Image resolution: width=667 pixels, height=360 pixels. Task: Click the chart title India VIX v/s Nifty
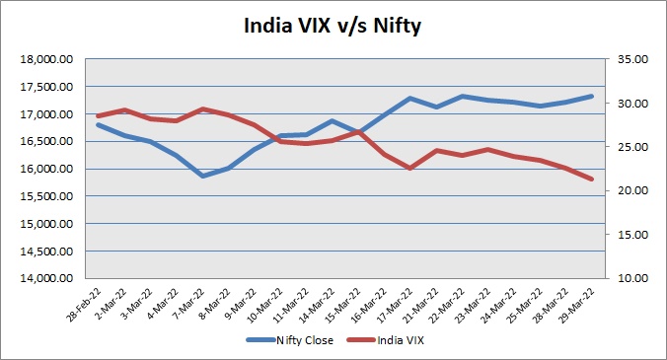[x=333, y=26]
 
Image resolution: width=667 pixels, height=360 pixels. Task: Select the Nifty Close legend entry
[x=290, y=340]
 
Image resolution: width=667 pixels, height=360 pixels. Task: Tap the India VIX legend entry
[x=386, y=340]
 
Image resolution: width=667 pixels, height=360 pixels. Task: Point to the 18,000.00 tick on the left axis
[x=46, y=59]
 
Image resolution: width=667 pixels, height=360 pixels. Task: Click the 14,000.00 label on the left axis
[x=46, y=278]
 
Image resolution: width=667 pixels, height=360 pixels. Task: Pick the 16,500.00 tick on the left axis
[x=46, y=141]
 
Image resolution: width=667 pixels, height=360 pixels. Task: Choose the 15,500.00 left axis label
[x=46, y=196]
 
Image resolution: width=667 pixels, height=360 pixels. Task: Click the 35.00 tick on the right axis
[x=632, y=59]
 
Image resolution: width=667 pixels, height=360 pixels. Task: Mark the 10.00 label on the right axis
[x=632, y=278]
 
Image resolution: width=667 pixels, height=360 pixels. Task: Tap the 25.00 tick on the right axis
[x=632, y=147]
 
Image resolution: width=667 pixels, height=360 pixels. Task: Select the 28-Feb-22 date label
[x=84, y=305]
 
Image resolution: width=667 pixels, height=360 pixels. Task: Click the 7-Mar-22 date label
[x=189, y=305]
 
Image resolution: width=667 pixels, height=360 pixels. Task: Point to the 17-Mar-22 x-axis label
[x=396, y=305]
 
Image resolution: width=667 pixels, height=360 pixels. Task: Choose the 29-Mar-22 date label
[x=577, y=305]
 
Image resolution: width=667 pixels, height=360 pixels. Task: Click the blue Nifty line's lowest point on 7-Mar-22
[x=203, y=176]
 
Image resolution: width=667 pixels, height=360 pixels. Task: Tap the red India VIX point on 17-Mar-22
[x=410, y=169]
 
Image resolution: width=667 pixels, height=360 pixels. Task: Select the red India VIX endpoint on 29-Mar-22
[x=591, y=180]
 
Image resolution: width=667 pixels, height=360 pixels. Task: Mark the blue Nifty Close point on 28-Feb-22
[x=99, y=125]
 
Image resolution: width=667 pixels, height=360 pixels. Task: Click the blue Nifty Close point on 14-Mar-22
[x=333, y=120]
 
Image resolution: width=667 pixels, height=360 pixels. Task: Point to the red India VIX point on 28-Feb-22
[x=99, y=115]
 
